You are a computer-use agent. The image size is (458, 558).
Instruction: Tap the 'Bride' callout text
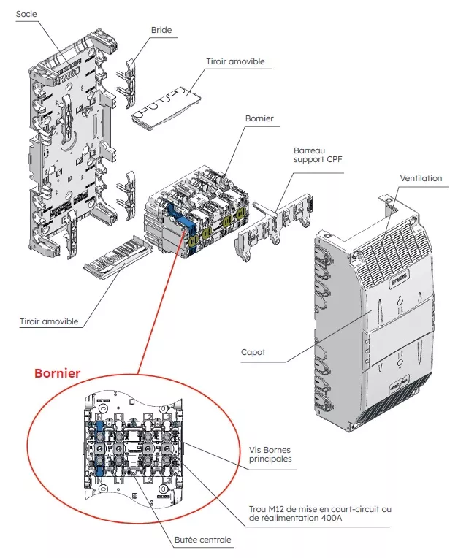click(161, 30)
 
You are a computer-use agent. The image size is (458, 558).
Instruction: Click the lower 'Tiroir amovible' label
click(50, 321)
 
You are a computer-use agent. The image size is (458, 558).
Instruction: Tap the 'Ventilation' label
click(421, 178)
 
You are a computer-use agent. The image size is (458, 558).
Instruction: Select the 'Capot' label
click(253, 352)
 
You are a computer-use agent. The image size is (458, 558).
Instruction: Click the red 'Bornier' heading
click(58, 373)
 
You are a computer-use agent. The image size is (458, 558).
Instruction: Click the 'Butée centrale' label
click(203, 540)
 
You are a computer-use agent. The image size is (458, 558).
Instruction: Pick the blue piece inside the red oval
click(99, 446)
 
